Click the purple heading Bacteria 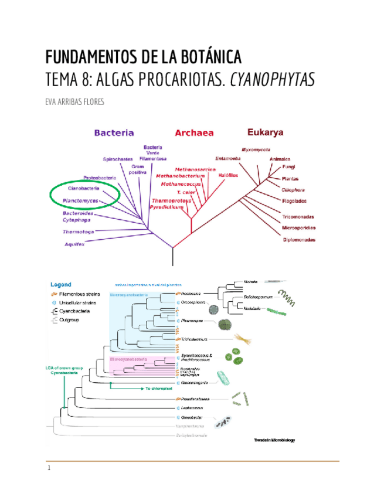(114, 133)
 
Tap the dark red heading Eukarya (265, 132)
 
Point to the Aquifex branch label (76, 244)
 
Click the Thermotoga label (79, 232)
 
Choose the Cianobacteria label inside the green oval (84, 189)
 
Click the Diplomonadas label (300, 240)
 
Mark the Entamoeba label (229, 158)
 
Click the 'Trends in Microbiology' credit (274, 440)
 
